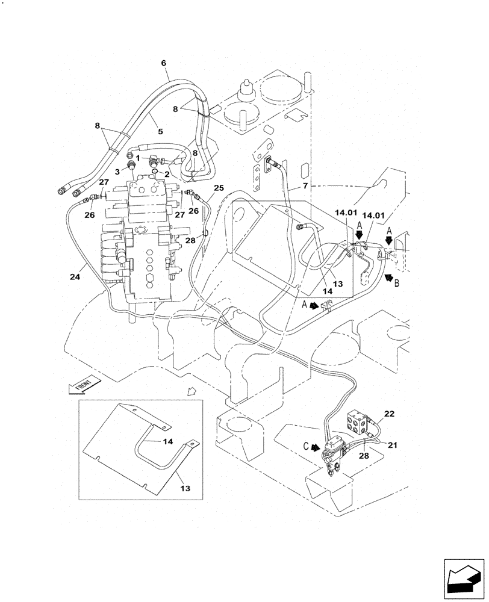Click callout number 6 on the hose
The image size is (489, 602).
point(163,63)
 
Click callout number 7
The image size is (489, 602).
point(305,186)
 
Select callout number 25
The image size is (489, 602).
point(219,188)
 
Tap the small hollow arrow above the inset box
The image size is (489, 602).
point(192,392)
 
